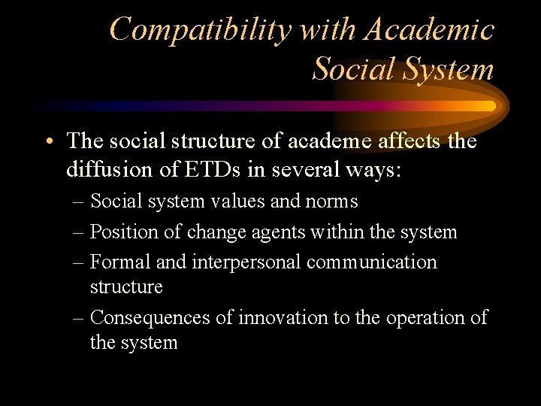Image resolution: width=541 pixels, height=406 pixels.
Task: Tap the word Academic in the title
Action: (430, 30)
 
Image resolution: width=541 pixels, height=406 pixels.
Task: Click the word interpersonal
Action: (238, 263)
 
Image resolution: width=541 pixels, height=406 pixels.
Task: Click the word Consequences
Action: (150, 318)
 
